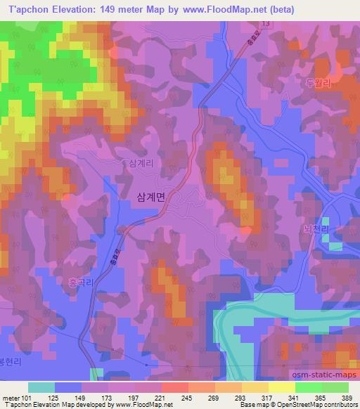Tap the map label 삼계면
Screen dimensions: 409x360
pos(148,199)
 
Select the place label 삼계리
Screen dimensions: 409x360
pos(141,162)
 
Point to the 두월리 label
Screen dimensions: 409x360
pos(317,82)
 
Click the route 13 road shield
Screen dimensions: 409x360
pos(264,24)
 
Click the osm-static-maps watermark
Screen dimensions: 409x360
pos(320,375)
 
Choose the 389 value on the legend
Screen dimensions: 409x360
pos(347,397)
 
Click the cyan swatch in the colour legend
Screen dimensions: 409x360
pos(41,387)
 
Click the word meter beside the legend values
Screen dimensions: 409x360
pos(10,397)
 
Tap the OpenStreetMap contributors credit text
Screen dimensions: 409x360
pos(323,405)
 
